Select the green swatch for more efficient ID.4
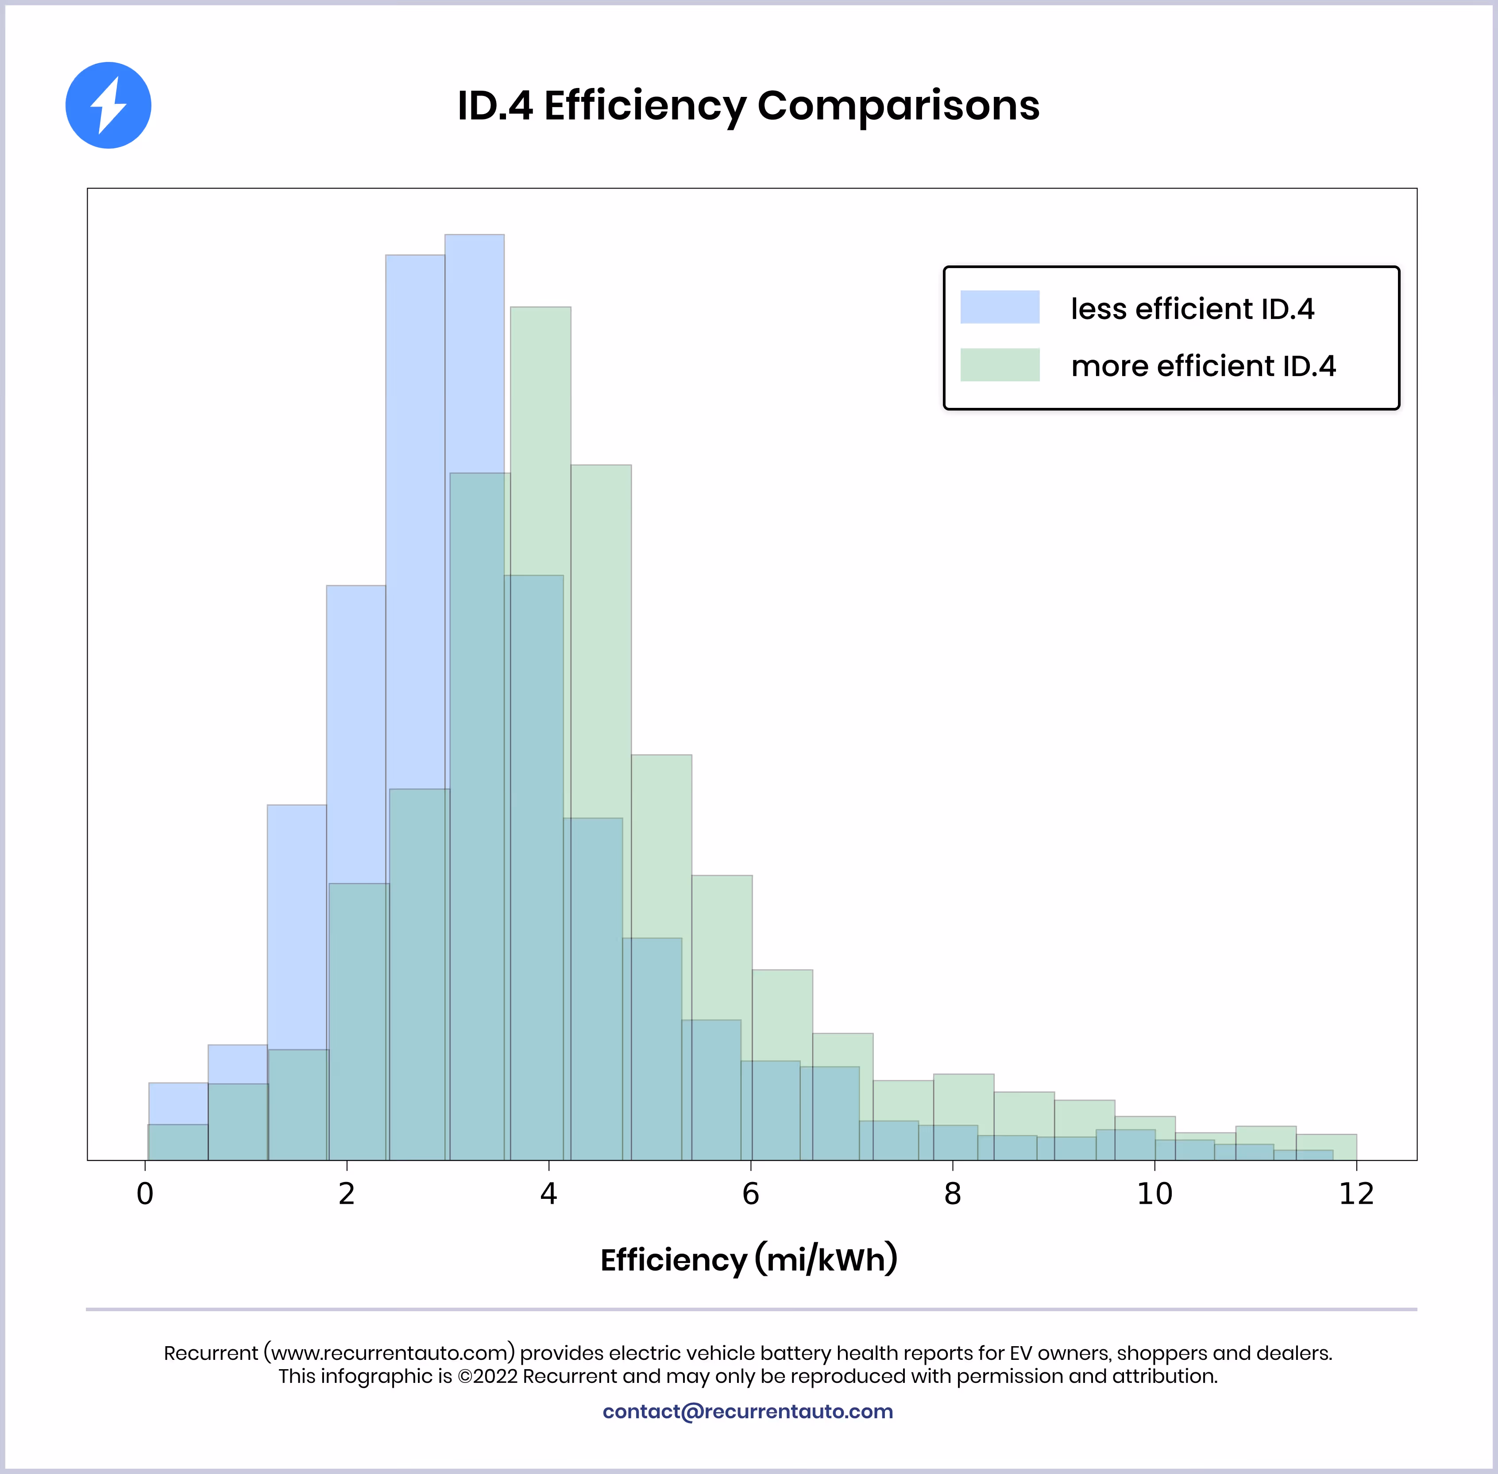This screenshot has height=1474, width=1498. point(999,365)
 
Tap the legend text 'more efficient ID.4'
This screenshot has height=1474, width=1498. point(1203,366)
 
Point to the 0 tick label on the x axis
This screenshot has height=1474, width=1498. point(145,1194)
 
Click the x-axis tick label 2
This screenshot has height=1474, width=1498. point(346,1194)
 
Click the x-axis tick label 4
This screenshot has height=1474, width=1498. point(548,1194)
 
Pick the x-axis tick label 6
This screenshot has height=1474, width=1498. point(750,1194)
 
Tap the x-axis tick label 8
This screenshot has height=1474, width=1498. point(953,1194)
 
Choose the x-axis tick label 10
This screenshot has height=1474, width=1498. point(1154,1194)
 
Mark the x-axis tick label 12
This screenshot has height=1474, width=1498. point(1356,1194)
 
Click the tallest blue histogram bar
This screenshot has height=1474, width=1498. point(474,349)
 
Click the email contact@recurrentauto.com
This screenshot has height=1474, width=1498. point(748,1411)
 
